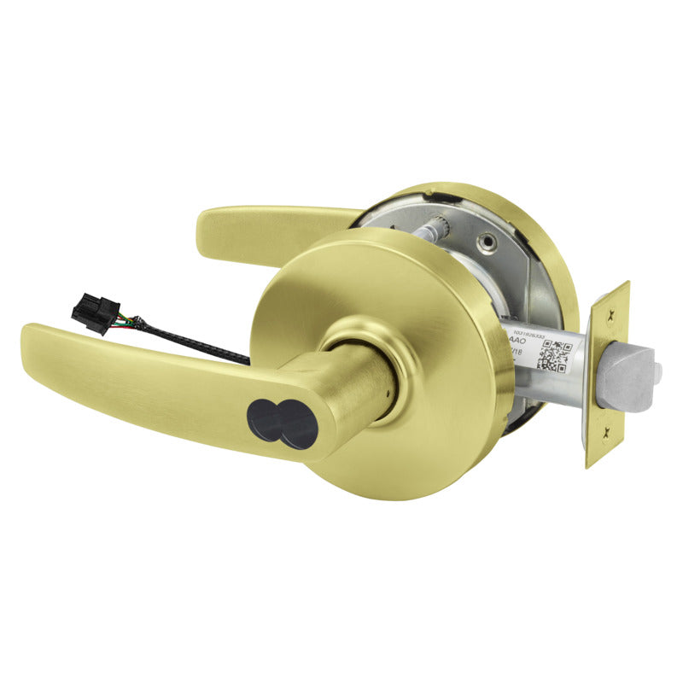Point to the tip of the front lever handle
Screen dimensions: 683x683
[30, 333]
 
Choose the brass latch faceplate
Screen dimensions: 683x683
[608, 376]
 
